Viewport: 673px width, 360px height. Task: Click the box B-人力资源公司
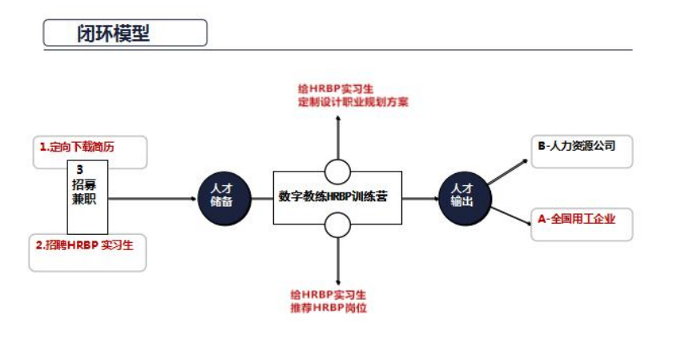pos(577,146)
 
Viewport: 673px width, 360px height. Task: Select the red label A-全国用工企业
pos(577,218)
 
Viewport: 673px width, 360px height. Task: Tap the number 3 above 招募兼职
pos(80,170)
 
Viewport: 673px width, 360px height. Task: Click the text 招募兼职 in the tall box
pos(84,193)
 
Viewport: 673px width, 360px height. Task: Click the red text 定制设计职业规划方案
pos(353,103)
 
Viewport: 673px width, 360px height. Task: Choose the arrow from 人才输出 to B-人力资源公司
pos(509,171)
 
